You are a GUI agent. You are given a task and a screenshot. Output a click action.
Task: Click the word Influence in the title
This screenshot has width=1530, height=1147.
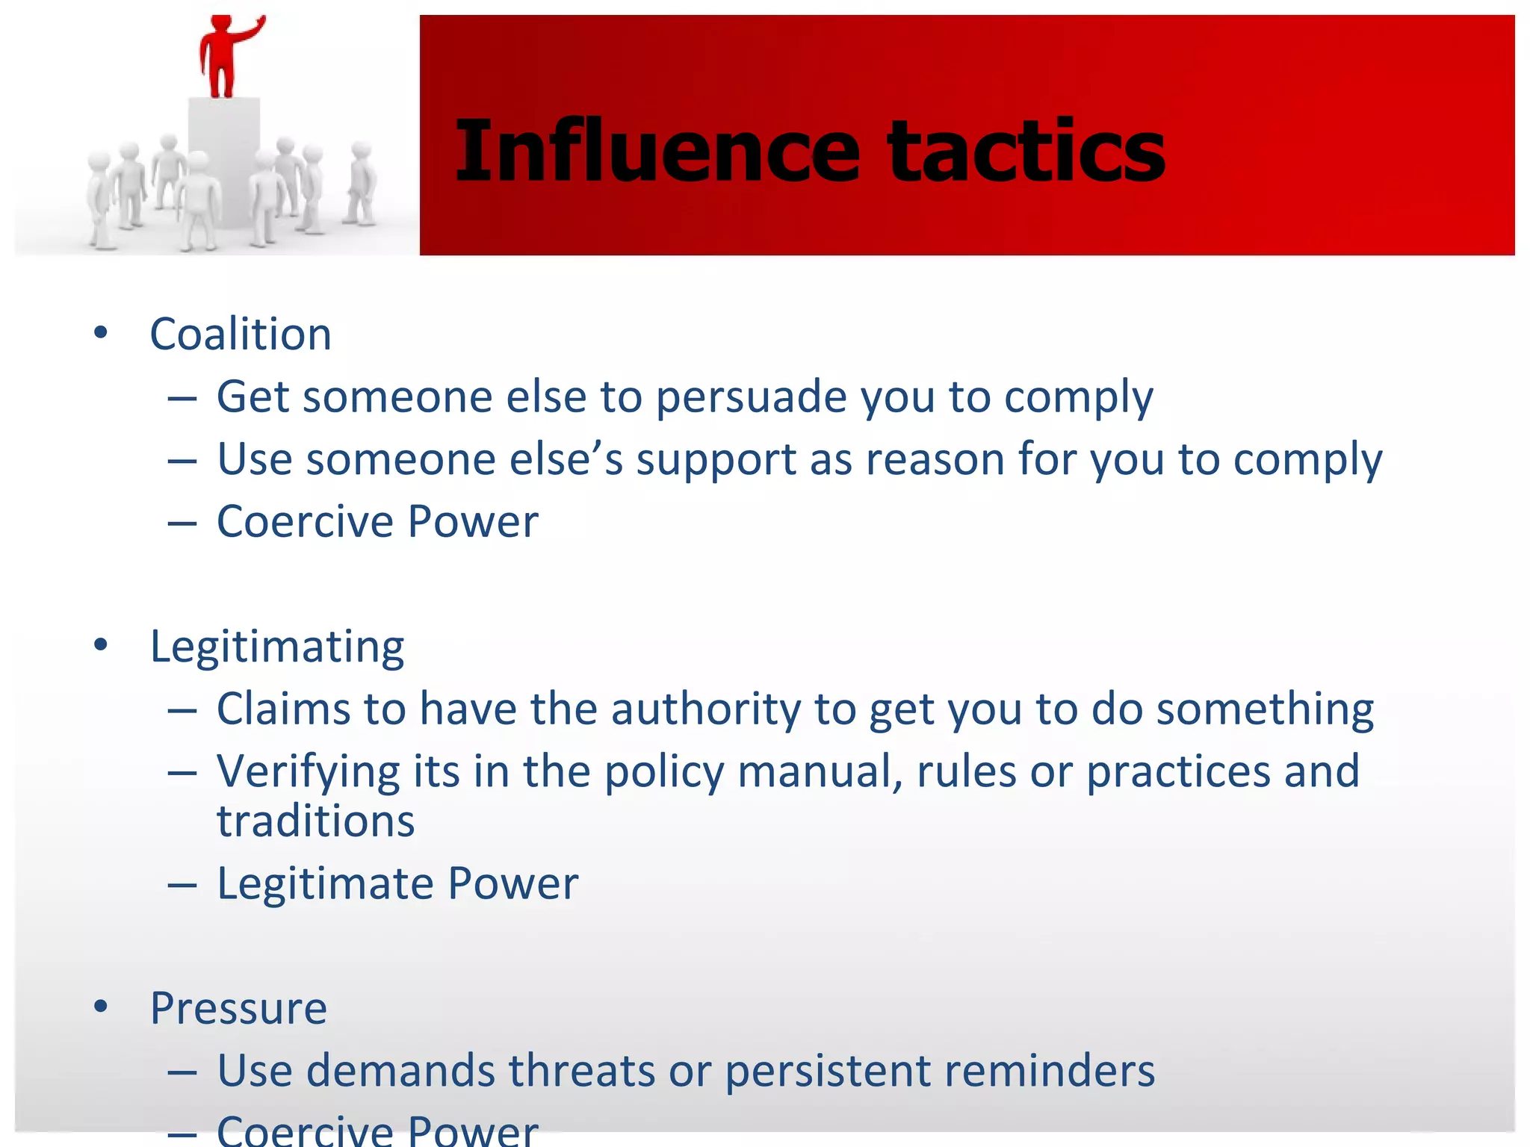[657, 152]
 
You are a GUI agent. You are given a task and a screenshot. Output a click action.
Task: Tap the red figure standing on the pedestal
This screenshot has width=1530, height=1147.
[221, 60]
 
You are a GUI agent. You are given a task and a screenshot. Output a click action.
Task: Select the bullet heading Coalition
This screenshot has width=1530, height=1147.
[241, 334]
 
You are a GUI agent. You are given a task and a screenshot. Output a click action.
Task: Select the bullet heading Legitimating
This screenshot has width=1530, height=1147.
[277, 646]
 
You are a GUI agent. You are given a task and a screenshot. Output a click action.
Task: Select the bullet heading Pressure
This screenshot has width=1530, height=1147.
[238, 1008]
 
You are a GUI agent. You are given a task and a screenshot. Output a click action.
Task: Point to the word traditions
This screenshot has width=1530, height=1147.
[315, 821]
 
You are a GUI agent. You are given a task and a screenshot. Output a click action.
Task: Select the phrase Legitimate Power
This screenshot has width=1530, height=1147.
[397, 884]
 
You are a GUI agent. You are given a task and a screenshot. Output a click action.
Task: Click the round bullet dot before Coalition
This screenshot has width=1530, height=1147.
[101, 334]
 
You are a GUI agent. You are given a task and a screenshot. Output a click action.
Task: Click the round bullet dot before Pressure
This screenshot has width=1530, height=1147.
[101, 1008]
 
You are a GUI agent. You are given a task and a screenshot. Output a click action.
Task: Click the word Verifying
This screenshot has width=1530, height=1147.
[308, 771]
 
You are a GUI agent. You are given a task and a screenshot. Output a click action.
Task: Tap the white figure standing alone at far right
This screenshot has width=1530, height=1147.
[362, 184]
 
